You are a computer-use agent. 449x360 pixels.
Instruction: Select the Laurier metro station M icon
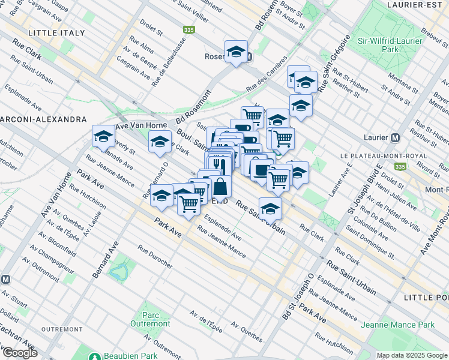[395, 137]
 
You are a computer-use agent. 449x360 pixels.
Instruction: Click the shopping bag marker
[220, 186]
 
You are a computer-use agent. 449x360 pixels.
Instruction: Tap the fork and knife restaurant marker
[220, 163]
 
